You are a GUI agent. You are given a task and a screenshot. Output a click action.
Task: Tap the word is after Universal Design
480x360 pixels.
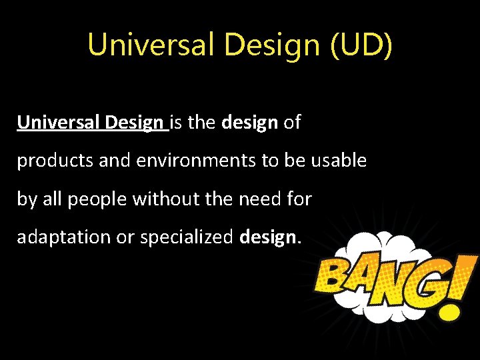[177, 123]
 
